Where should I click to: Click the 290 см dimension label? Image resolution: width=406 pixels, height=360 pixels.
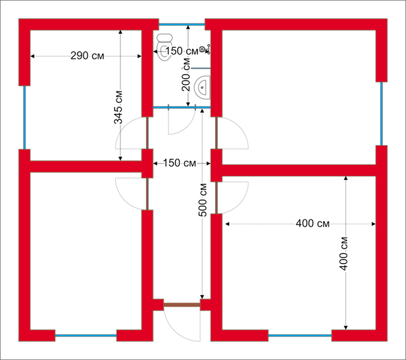88,56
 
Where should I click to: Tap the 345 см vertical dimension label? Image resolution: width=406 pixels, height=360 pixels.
118,107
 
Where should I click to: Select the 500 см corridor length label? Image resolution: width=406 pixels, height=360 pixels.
203,200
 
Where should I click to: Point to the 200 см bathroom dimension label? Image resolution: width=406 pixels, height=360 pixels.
186,74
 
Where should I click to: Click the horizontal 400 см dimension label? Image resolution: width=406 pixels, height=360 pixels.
312,223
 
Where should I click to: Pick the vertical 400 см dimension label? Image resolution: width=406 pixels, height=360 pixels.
344,253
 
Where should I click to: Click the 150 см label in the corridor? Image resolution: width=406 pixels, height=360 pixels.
179,163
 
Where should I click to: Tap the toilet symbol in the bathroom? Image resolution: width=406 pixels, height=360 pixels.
165,47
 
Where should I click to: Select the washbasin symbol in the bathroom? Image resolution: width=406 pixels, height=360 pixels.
203,88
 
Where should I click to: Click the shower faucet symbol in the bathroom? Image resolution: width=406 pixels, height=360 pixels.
205,49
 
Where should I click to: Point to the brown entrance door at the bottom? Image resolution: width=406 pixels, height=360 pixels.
182,305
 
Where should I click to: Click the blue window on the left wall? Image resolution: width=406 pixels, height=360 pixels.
25,118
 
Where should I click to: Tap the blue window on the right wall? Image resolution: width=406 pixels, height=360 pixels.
381,113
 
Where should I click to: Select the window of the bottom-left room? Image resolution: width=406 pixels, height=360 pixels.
86,335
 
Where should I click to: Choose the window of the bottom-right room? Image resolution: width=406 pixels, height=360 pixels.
300,335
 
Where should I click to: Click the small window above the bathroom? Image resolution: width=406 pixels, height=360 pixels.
182,25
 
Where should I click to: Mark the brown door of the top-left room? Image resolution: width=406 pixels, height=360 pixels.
148,133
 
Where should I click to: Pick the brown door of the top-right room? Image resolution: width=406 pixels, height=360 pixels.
216,133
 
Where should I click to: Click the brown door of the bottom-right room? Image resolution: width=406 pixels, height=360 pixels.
216,197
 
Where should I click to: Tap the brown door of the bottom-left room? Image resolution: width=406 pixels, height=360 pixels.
148,194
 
